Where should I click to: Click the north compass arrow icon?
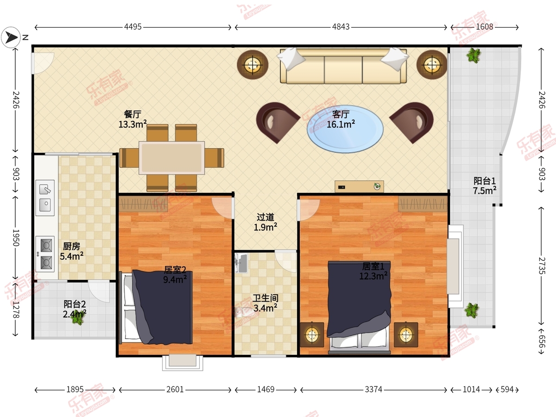point(11,38)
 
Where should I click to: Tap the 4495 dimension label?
point(133,27)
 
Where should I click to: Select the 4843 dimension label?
point(341,27)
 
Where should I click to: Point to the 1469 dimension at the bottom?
point(265,389)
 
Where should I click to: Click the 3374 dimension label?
point(373,389)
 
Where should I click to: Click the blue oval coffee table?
point(345,129)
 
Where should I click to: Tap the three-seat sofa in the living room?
point(343,66)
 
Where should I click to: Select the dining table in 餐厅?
point(171,158)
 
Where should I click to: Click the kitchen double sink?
point(45,198)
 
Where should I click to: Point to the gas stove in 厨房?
point(45,254)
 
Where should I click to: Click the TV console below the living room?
point(359,187)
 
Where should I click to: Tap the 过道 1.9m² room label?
point(265,222)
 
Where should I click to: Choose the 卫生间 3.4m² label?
point(265,303)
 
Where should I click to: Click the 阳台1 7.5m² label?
point(485,186)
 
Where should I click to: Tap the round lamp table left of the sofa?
point(253,64)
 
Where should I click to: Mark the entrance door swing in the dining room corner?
point(43,63)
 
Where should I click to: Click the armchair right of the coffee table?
point(412,122)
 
